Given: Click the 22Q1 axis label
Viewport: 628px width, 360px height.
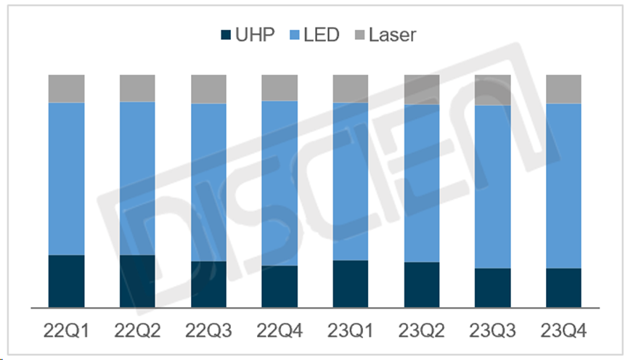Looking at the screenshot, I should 66,331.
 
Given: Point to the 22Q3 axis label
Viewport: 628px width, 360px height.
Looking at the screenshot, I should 208,331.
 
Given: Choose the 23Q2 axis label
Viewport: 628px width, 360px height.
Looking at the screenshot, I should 422,331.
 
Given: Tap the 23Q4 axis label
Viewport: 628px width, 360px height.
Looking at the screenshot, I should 564,331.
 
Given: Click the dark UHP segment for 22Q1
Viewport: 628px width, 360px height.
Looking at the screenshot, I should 66,281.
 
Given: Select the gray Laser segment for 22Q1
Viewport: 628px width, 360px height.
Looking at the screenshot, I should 66,89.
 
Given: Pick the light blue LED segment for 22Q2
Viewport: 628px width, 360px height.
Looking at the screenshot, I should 137,178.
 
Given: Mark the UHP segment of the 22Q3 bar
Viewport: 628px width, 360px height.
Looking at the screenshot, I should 208,284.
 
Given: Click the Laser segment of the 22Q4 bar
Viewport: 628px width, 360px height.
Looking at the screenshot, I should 280,87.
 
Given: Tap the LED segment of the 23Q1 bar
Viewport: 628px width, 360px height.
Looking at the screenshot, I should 351,181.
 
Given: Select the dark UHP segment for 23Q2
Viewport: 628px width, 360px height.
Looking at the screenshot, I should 422,285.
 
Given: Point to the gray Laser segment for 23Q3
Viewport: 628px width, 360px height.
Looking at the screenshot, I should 493,90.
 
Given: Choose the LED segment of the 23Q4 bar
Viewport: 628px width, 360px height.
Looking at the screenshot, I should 564,186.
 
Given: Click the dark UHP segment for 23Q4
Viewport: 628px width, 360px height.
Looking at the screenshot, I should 564,287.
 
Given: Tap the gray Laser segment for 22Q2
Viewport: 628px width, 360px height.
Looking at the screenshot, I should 137,88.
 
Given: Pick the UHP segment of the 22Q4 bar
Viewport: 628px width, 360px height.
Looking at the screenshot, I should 280,286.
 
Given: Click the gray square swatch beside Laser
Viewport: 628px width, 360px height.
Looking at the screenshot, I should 359,34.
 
